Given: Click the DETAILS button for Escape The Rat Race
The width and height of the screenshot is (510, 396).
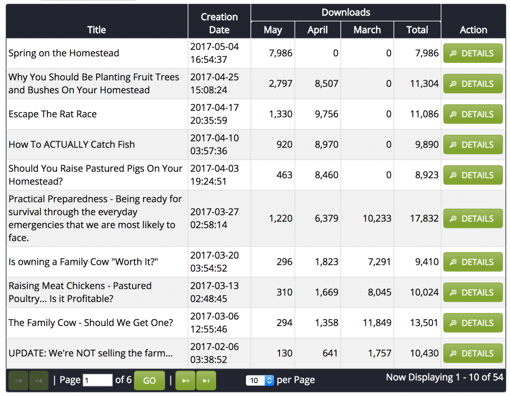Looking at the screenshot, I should [473, 114].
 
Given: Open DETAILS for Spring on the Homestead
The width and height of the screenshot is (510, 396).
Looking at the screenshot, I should [473, 53].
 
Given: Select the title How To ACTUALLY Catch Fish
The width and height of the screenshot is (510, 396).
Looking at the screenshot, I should [72, 145].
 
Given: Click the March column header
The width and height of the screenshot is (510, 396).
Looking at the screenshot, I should [367, 30].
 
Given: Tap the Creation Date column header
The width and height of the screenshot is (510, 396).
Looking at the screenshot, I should [219, 23].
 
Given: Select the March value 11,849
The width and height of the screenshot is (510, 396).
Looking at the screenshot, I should [377, 323].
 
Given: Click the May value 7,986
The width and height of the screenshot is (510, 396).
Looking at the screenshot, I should [280, 53].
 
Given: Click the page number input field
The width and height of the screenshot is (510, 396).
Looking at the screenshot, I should [98, 381].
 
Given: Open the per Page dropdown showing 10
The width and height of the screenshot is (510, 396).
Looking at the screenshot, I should [260, 381].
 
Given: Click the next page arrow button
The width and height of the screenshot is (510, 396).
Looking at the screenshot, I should [185, 381].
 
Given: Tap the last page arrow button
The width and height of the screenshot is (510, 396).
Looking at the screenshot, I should [206, 381].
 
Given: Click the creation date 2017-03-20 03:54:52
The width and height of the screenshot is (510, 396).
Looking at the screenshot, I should [215, 262].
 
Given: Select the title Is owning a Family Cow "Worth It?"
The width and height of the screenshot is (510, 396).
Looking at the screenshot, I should [83, 262].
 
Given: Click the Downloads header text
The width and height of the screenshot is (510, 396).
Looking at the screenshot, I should [346, 12].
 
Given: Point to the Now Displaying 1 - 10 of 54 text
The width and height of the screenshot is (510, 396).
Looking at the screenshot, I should [444, 377].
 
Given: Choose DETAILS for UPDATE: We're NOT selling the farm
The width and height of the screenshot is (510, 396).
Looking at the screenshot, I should [473, 353].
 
